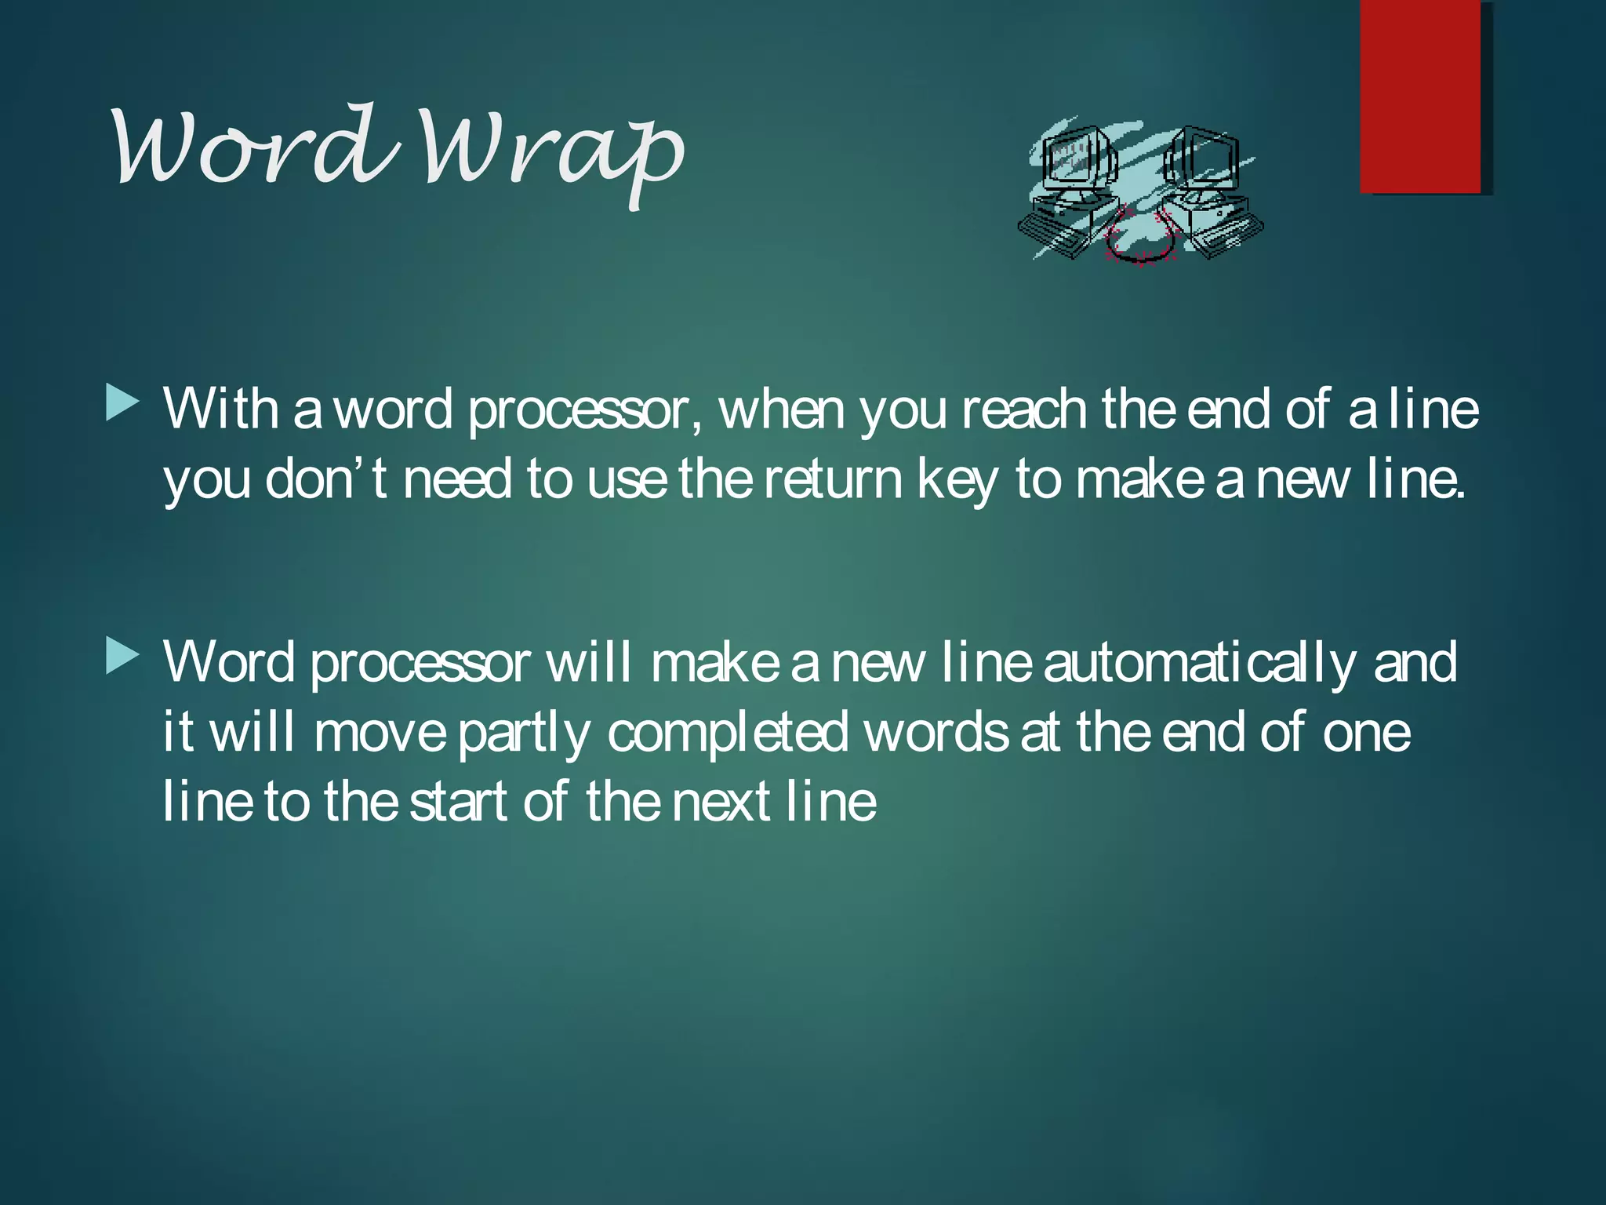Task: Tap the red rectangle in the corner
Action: (x=1420, y=96)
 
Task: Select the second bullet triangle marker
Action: (x=122, y=656)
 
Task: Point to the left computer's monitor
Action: (x=1074, y=161)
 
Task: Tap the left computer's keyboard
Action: (x=1051, y=235)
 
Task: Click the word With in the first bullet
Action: (x=220, y=410)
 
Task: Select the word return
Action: (x=833, y=479)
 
